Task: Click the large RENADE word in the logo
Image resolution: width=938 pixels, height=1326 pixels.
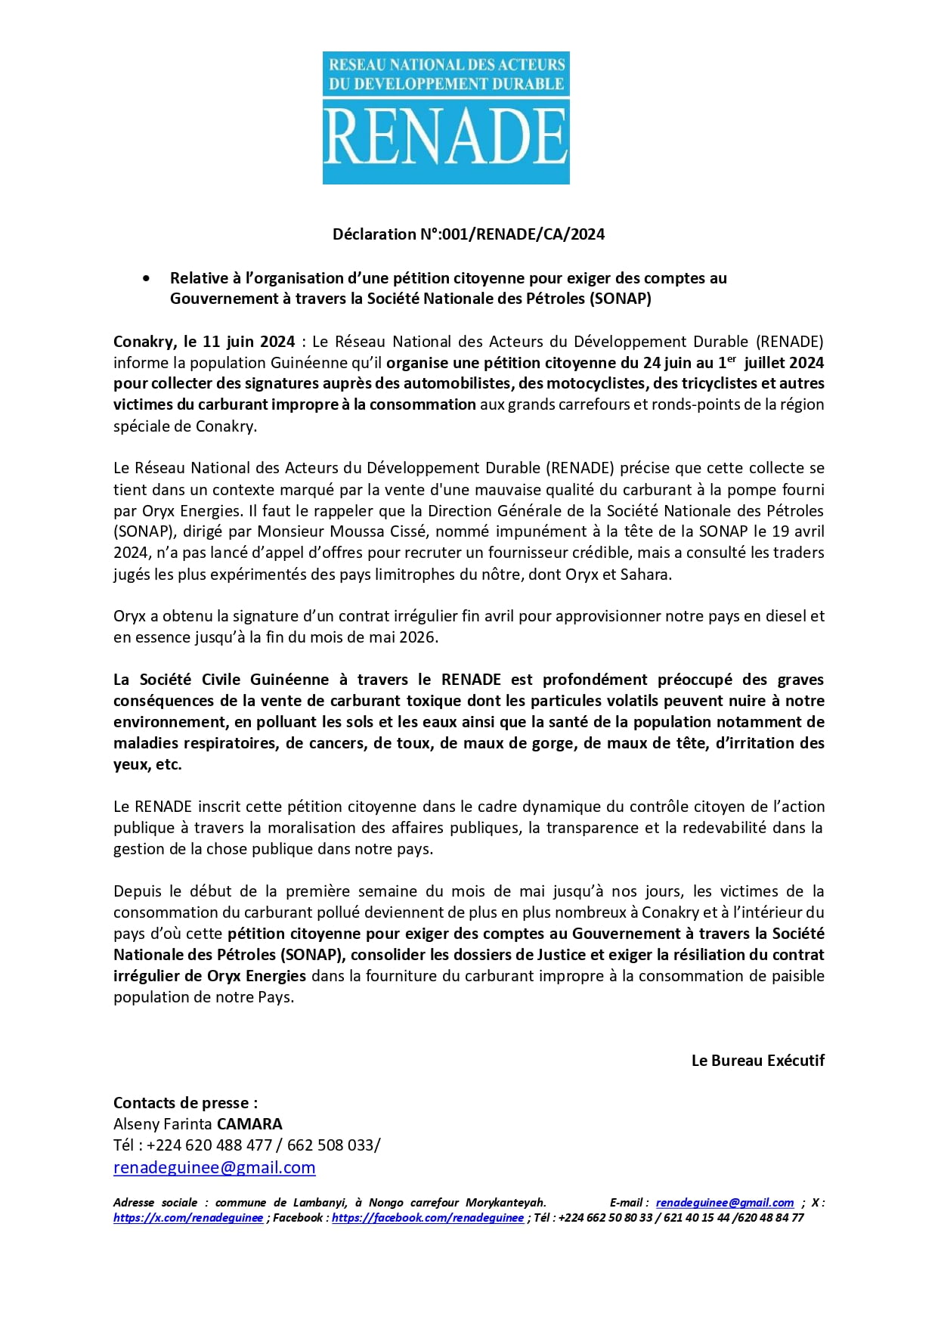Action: (x=446, y=137)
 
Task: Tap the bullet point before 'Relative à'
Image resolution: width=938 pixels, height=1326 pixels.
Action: (x=146, y=279)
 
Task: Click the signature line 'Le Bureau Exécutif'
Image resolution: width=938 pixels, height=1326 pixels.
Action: (x=757, y=1061)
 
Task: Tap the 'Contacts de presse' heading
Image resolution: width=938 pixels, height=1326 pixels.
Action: (x=185, y=1103)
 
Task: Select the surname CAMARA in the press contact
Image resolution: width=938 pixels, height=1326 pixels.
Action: (x=249, y=1124)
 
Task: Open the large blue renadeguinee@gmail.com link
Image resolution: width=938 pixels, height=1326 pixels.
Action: (x=214, y=1167)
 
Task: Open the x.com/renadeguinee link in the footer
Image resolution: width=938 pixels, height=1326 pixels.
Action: (x=188, y=1218)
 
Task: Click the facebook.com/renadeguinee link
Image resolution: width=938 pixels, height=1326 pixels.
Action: (x=427, y=1218)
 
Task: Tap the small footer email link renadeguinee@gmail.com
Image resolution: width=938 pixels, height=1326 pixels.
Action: (x=724, y=1203)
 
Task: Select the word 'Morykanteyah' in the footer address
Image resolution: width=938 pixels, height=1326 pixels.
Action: (x=505, y=1203)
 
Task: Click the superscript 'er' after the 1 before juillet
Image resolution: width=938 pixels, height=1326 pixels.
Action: (x=732, y=359)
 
